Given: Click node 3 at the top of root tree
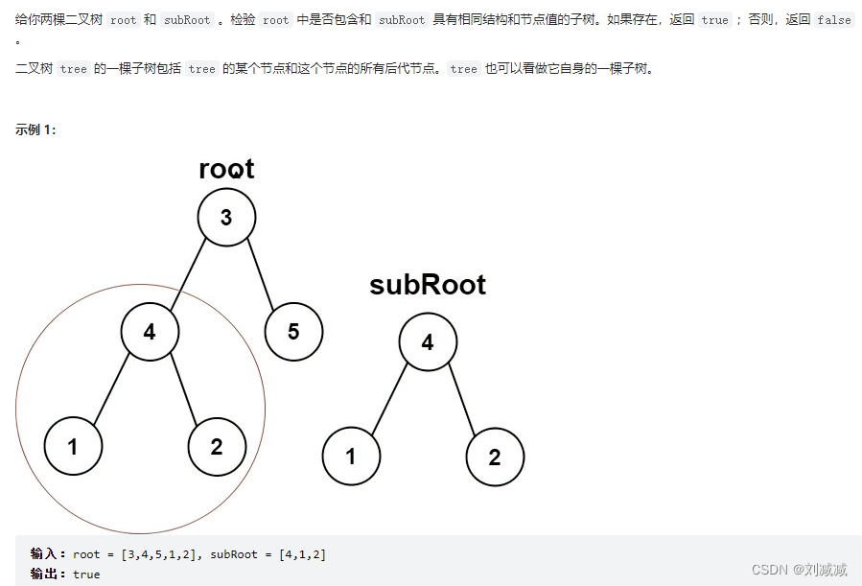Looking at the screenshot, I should click(x=226, y=217).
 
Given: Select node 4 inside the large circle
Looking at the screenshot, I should click(x=150, y=332).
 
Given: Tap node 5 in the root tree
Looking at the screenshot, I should click(x=293, y=332).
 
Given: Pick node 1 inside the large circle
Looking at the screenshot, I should click(x=73, y=446).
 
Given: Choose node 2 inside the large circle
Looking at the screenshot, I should click(x=217, y=446).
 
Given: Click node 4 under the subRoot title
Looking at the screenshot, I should click(x=428, y=341).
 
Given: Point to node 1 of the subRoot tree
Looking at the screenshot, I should click(x=351, y=457).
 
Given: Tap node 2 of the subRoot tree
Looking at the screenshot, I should click(x=495, y=457).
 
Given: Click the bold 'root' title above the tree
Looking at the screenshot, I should click(x=226, y=169).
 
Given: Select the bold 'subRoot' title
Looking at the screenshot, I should click(x=428, y=285).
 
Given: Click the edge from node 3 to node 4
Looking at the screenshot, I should click(x=188, y=274).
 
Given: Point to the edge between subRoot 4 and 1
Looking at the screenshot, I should click(x=389, y=399).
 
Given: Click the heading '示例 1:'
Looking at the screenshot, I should click(x=35, y=129).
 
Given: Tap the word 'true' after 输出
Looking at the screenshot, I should click(x=86, y=574).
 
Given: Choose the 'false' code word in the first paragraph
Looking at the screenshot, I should click(x=833, y=19).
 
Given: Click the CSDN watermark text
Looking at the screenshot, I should click(x=799, y=570).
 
